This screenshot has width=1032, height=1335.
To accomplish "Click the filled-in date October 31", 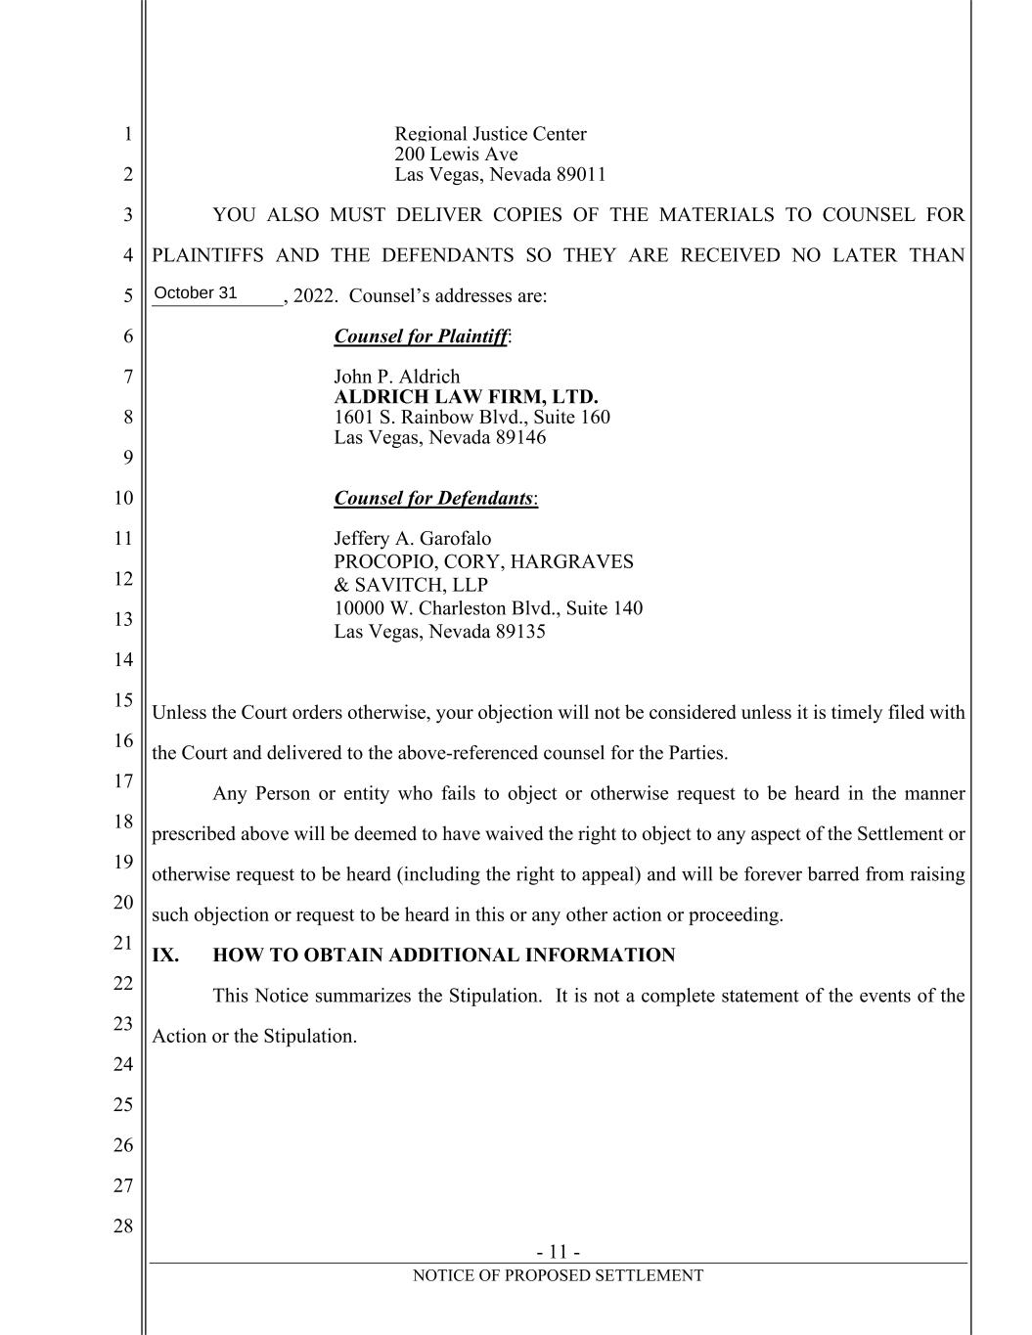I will (x=196, y=293).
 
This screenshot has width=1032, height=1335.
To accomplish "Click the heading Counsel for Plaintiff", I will (x=421, y=336).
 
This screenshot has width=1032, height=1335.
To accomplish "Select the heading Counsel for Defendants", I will (x=433, y=498).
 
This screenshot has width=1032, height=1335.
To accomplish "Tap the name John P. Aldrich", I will (x=396, y=377).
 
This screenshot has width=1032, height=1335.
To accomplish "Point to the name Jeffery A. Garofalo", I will (x=412, y=539).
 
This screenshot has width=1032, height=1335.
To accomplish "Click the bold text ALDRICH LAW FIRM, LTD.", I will (x=466, y=397).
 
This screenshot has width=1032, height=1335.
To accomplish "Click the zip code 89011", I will (x=581, y=175).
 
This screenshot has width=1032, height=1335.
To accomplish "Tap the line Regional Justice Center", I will (x=490, y=134).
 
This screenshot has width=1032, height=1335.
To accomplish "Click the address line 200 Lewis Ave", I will (x=456, y=155).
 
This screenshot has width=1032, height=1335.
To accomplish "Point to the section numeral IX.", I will (x=165, y=956).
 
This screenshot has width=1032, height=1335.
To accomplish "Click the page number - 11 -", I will (x=559, y=1252).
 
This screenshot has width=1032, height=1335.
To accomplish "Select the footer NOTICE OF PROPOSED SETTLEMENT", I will (x=558, y=1275).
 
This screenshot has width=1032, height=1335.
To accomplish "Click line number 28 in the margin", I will (x=122, y=1226).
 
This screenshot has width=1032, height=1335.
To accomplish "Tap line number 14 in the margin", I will (x=122, y=660).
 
